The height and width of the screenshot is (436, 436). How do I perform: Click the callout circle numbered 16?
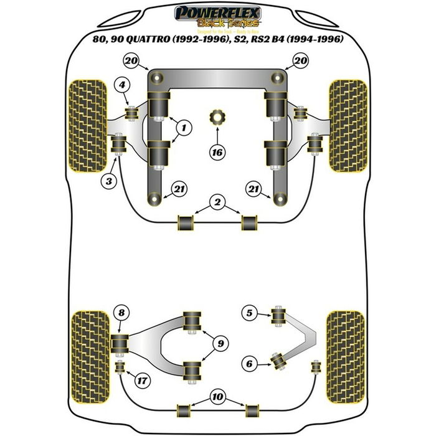[x=217, y=151]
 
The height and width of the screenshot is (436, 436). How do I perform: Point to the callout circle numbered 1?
[x=184, y=128]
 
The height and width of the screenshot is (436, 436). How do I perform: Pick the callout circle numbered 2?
[x=217, y=201]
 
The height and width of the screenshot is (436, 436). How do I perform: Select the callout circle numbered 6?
[x=249, y=363]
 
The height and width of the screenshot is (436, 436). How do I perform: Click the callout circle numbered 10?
[x=218, y=396]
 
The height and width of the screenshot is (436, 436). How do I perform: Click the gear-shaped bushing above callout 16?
[x=217, y=116]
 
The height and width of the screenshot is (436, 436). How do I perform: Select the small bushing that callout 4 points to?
[x=132, y=113]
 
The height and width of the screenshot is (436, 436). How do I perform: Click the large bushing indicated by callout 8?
[x=120, y=343]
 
